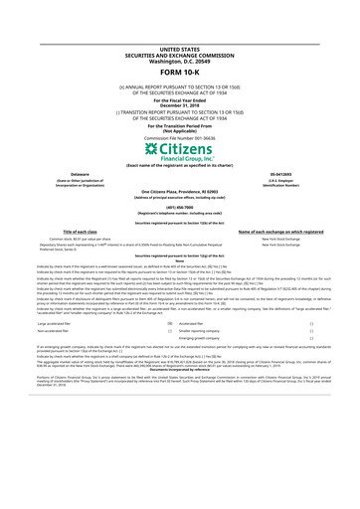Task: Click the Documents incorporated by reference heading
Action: pos(179,382)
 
